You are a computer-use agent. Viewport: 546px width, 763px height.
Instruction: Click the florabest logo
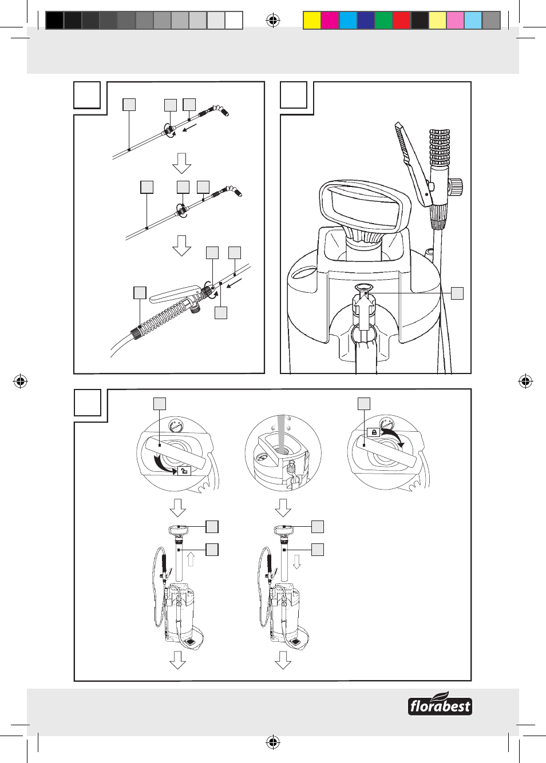point(440,705)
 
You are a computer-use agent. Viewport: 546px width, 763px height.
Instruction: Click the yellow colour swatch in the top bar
point(312,21)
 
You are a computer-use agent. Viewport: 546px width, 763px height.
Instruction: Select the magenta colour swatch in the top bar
point(330,21)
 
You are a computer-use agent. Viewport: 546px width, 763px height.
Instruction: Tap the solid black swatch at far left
point(54,21)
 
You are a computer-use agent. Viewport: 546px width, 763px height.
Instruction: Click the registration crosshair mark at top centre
point(273,21)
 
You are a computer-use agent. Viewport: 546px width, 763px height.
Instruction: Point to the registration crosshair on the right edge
point(525,381)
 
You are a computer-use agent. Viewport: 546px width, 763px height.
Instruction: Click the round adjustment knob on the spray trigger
point(455,186)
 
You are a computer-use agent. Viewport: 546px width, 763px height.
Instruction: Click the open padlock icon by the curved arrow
point(184,471)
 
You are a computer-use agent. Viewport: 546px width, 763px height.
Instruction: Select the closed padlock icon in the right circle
point(374,432)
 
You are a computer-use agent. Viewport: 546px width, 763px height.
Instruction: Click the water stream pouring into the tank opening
point(282,432)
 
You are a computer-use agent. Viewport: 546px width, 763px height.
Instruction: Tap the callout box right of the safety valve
point(457,293)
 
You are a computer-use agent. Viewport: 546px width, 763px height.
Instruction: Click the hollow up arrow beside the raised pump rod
point(191,559)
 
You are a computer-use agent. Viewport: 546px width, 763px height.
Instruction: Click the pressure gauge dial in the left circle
point(176,426)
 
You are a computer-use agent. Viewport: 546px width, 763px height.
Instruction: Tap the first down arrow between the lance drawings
point(181,163)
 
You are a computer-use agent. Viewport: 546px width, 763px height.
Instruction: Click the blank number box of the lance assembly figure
point(87,96)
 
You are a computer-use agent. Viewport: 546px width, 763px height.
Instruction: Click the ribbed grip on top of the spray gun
point(440,148)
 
